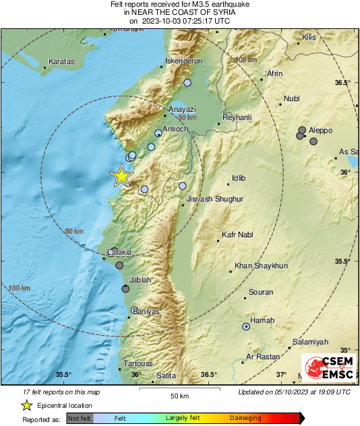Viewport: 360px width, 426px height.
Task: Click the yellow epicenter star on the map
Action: (x=121, y=176)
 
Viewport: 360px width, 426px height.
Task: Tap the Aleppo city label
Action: (x=322, y=128)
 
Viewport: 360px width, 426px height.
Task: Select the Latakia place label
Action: (x=119, y=252)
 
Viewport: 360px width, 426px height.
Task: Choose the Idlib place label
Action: (x=239, y=178)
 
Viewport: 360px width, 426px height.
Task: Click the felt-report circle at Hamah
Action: (x=246, y=327)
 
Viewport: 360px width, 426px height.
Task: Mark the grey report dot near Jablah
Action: (x=125, y=288)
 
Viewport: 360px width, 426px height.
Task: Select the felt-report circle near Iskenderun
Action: (x=187, y=82)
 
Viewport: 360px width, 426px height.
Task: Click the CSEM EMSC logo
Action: (x=328, y=369)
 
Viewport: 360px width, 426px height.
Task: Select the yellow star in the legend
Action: (x=26, y=405)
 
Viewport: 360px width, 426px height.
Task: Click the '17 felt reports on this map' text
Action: (x=61, y=392)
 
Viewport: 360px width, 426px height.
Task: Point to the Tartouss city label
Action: (x=139, y=363)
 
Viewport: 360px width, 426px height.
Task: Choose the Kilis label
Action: (x=309, y=37)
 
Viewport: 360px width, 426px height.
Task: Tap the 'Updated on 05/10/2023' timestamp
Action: (x=294, y=392)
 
